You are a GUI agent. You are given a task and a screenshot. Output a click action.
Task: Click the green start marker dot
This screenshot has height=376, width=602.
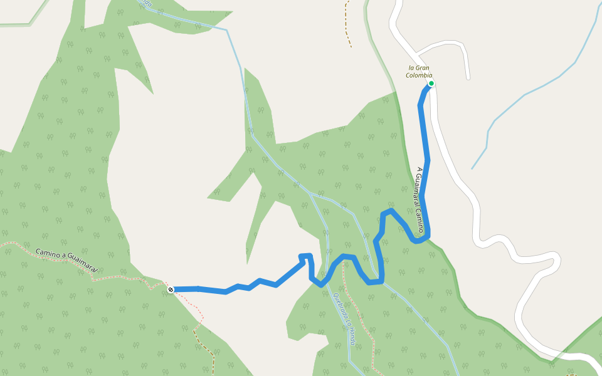click(x=431, y=83)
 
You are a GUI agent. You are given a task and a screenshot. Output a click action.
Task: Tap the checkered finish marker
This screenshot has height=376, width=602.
click(x=171, y=289)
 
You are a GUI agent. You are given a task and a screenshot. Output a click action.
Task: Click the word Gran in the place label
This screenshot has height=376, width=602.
click(x=423, y=68)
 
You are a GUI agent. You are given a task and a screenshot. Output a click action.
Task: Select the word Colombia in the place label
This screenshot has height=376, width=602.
click(x=420, y=75)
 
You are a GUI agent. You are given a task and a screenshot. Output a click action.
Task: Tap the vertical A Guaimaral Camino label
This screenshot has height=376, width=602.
click(x=420, y=200)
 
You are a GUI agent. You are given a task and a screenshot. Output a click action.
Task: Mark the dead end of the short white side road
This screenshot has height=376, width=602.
click(x=468, y=78)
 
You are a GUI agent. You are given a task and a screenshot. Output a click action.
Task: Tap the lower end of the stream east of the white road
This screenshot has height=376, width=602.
click(x=473, y=168)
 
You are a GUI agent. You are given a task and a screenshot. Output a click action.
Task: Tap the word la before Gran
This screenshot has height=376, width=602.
click(x=412, y=68)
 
